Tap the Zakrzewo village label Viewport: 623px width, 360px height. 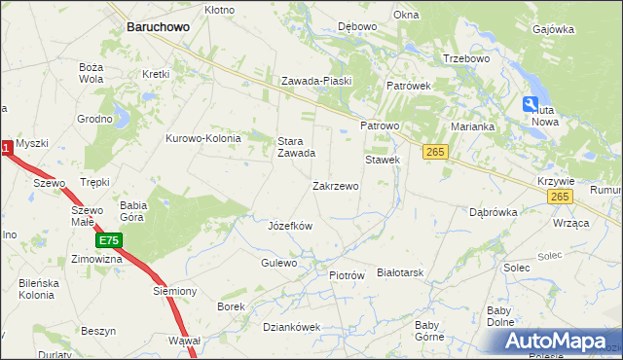tap(335, 186)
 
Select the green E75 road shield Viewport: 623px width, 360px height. tap(109, 239)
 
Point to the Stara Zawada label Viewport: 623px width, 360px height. tap(296, 147)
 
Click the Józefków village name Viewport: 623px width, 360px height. tap(289, 226)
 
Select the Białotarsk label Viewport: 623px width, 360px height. tap(401, 273)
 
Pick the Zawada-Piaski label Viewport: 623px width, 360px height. tap(315, 82)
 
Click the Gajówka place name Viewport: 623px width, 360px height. tap(554, 29)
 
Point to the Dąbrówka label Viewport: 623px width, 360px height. tap(492, 211)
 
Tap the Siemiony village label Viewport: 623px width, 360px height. tap(175, 291)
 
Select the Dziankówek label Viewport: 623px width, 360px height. tap(291, 327)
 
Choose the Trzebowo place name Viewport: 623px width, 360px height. tap(465, 58)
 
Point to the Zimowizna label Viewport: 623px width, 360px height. tap(96, 260)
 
